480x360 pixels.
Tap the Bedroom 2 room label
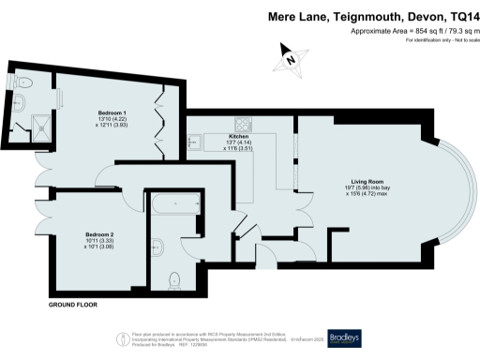pyautogui.click(x=98, y=233)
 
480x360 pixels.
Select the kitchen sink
pyautogui.click(x=195, y=142)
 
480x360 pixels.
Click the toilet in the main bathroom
pyautogui.click(x=173, y=278)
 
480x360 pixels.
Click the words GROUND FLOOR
pyautogui.click(x=75, y=306)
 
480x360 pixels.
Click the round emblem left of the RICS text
pyautogui.click(x=120, y=338)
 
